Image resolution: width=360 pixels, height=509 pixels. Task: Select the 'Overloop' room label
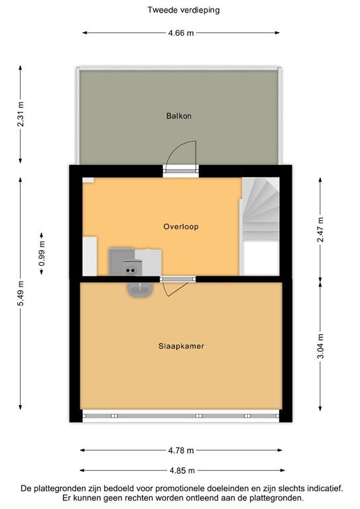pyautogui.click(x=181, y=227)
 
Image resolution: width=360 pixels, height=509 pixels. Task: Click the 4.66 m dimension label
pyautogui.click(x=181, y=32)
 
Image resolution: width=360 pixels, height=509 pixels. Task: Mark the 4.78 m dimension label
pyautogui.click(x=181, y=451)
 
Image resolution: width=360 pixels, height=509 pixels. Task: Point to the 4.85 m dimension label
pyautogui.click(x=181, y=471)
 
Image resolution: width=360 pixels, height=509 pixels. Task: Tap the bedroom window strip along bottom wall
pyautogui.click(x=181, y=416)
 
